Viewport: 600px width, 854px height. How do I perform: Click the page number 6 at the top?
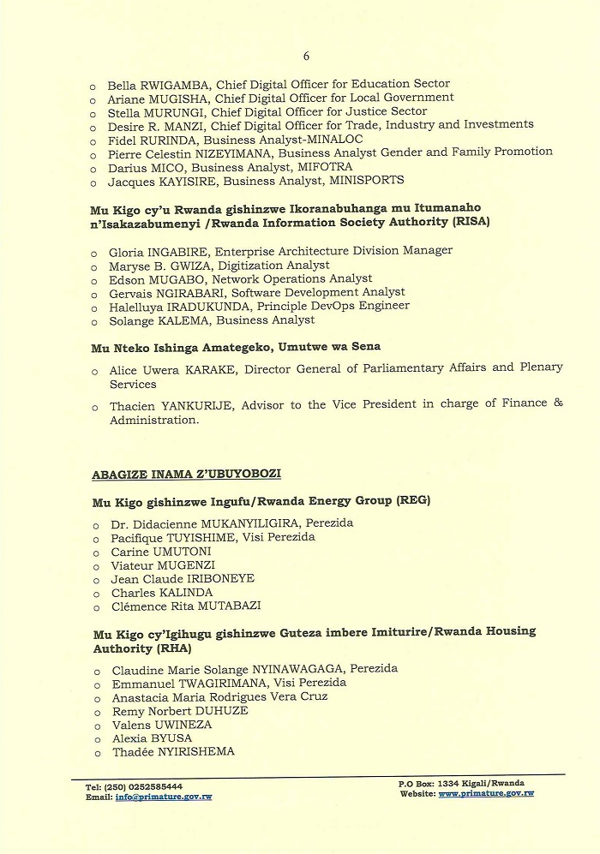point(306,57)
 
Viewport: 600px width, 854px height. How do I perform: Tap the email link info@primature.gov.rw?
point(163,797)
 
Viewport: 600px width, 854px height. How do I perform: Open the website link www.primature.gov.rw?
point(486,794)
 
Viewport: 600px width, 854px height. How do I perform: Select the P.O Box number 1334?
point(450,783)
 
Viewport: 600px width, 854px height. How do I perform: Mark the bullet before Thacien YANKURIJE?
point(94,407)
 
